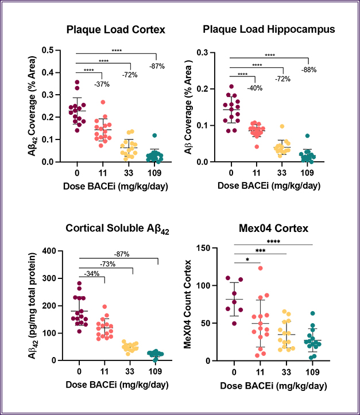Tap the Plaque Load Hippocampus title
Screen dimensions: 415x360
tap(269, 29)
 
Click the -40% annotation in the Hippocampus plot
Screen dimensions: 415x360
tap(255, 88)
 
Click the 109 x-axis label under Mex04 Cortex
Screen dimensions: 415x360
tap(311, 372)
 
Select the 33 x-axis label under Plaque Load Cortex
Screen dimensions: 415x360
tap(128, 172)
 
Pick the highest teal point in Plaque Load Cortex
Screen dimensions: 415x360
tap(155, 136)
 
